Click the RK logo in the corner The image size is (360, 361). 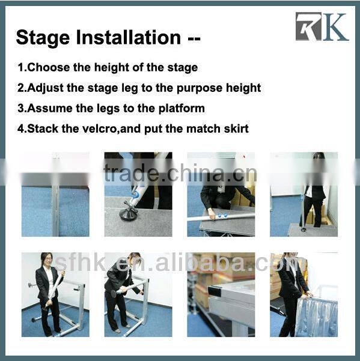tap(322, 27)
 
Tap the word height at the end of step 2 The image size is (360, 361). tap(242, 88)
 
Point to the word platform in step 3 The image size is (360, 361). tap(181, 108)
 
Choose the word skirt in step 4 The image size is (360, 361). tap(233, 129)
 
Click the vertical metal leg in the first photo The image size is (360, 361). tap(55, 204)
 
